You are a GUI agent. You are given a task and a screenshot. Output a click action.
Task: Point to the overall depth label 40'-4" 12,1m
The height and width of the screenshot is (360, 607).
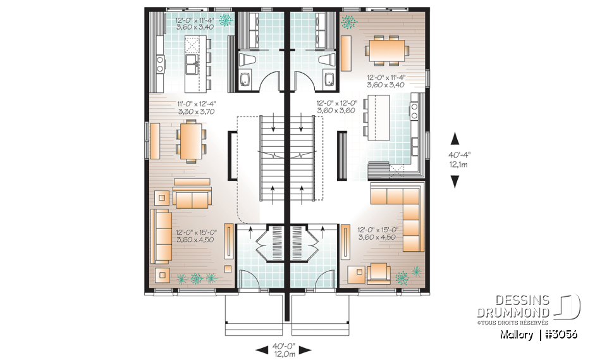click(x=454, y=159)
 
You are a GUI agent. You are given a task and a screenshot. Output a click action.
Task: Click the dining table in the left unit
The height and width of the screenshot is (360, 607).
click(x=190, y=141)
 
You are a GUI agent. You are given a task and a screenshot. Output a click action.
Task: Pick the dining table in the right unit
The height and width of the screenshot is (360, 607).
click(x=384, y=49)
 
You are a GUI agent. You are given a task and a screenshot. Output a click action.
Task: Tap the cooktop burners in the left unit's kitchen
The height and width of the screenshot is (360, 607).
click(x=160, y=63)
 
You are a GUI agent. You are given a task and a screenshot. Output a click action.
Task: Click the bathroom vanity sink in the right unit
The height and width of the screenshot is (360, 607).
click(x=328, y=80)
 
